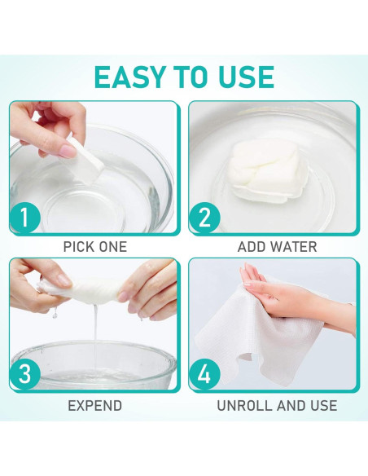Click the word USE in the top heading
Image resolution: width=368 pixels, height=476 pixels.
(x=246, y=77)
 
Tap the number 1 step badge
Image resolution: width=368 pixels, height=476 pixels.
(x=24, y=217)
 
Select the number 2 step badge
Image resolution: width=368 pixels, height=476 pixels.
(x=204, y=217)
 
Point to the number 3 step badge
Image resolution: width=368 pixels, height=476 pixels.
(x=24, y=373)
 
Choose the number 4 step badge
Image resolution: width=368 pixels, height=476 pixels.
(x=204, y=373)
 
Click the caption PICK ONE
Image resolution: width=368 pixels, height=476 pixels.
(x=95, y=246)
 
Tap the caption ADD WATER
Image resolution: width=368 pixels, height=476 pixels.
(x=277, y=246)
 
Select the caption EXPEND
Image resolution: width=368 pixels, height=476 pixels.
(x=95, y=406)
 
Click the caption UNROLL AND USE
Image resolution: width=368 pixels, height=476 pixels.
(x=277, y=406)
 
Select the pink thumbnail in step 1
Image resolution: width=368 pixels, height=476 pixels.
(x=68, y=149)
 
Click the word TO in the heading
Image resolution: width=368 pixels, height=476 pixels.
(x=191, y=77)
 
